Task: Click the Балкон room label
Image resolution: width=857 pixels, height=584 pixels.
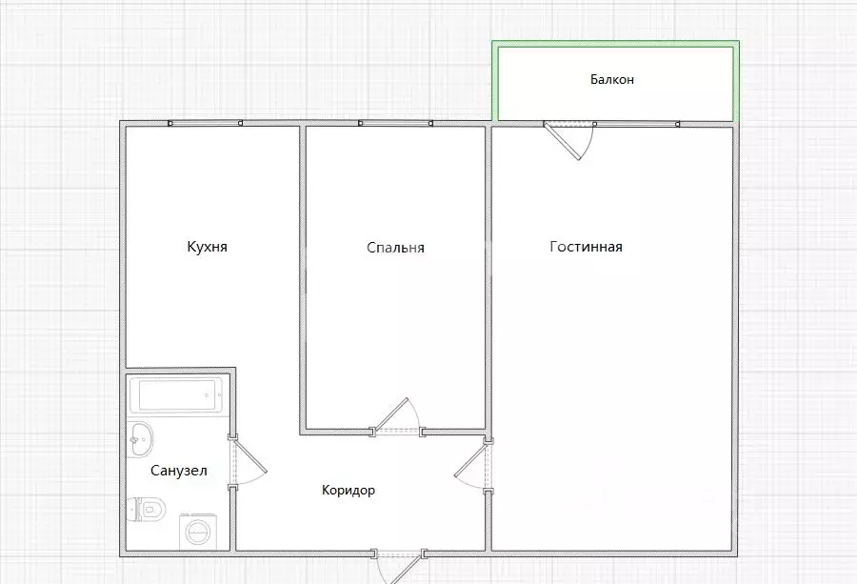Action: point(612,80)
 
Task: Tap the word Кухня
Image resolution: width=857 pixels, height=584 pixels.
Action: point(208,247)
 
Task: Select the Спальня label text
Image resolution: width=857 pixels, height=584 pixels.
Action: point(395,248)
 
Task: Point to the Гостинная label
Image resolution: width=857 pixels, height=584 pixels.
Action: point(586,247)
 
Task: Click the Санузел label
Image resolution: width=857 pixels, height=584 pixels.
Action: point(179,471)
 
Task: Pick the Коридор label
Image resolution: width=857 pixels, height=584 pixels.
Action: point(349,490)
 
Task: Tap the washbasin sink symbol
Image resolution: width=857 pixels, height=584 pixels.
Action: point(141,439)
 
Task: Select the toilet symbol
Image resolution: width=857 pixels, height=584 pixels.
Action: point(146,510)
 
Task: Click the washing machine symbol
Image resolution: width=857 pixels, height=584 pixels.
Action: point(197,531)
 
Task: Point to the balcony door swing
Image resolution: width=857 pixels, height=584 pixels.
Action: point(569,141)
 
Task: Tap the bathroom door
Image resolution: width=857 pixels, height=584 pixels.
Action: point(248,463)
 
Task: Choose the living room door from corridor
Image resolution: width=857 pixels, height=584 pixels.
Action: point(472,465)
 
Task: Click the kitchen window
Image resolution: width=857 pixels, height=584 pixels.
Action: point(205,124)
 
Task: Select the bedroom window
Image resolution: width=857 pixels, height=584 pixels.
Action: point(396,124)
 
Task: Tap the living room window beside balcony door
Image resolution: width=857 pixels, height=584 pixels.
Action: point(637,124)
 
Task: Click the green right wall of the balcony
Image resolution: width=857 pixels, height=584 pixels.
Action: point(736,82)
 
